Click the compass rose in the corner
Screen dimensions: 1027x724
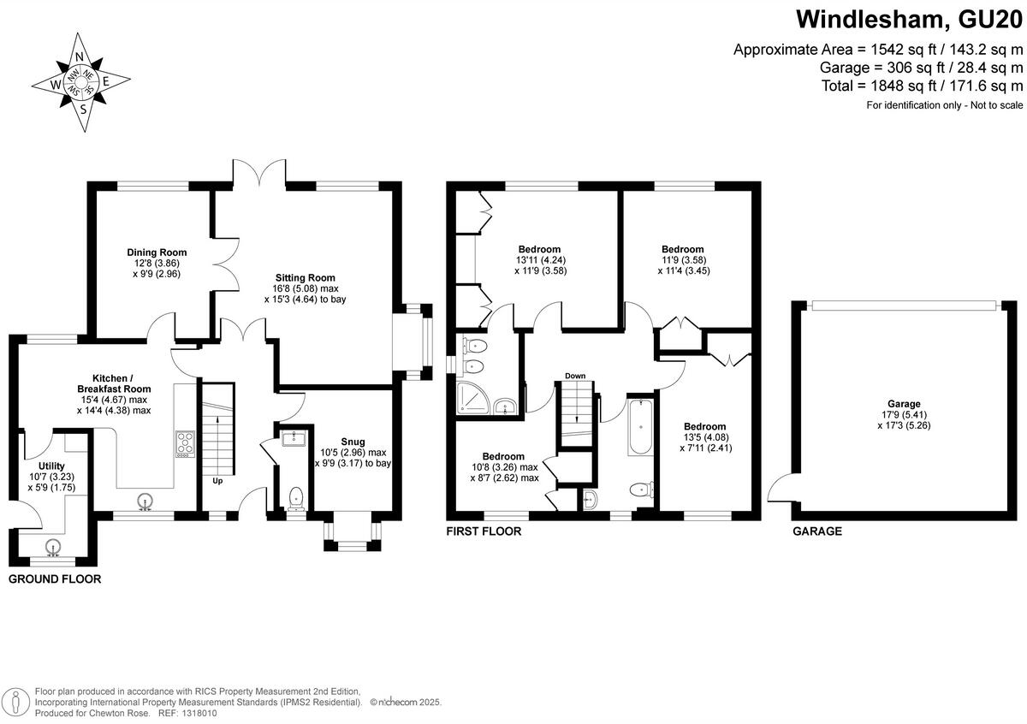[x=81, y=83]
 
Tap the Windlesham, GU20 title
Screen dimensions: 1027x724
[x=909, y=19]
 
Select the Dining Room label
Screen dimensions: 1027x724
[x=157, y=252]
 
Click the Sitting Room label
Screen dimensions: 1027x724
[x=305, y=277]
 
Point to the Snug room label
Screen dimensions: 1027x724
[x=352, y=442]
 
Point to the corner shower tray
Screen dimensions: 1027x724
[x=472, y=399]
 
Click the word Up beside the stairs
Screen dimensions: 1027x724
[x=219, y=480]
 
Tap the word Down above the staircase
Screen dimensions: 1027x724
[x=575, y=376]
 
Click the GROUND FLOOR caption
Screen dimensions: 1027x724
[x=55, y=579]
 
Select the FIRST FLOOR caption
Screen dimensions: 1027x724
[x=484, y=531]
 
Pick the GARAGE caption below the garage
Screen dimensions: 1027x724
[x=817, y=531]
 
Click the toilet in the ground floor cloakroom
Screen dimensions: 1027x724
[x=296, y=497]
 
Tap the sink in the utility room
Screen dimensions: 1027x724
[x=54, y=546]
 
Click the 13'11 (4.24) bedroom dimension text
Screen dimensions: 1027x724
[x=539, y=260]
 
